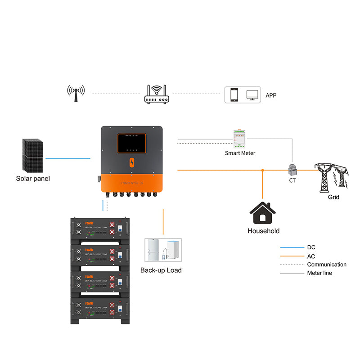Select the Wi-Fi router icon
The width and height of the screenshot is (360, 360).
(158, 94)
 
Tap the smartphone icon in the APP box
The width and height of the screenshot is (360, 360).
(234, 95)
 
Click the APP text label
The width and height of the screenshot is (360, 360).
(271, 95)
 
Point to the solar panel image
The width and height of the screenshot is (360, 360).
(32, 155)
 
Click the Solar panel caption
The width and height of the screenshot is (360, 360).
(33, 179)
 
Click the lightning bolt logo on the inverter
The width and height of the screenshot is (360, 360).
(132, 163)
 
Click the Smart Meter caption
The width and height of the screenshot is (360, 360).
(240, 153)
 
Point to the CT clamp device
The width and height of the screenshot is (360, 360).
(292, 170)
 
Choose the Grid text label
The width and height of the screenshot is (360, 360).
(333, 197)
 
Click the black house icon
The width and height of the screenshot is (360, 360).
(263, 213)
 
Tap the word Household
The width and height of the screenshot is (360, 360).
(263, 231)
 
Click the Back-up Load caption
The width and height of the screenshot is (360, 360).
(161, 270)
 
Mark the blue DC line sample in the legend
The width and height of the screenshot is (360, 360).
(291, 247)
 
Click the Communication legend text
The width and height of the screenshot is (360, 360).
(327, 265)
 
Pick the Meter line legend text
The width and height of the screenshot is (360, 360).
(319, 273)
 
